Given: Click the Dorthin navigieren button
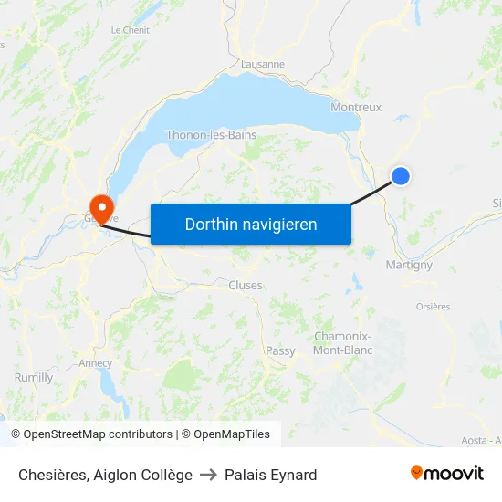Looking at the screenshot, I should coord(251,224).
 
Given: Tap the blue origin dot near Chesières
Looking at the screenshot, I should coord(400,176).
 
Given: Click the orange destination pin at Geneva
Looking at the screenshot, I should coord(99,204).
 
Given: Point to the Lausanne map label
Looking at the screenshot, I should coord(263,65).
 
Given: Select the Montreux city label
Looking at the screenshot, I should coord(356,107).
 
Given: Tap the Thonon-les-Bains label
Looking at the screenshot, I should coord(211,135).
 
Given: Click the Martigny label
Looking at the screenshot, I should coord(409,265).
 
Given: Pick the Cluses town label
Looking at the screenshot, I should coord(246,285).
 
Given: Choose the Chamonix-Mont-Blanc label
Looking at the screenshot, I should coord(342,342).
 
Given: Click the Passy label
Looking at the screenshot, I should coord(280,350).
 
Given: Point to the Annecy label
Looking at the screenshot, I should coord(96,362).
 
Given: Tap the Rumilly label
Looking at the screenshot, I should coord(34,377).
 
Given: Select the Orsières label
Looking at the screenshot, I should coord(433,307).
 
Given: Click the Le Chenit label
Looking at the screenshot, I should coord(131,30).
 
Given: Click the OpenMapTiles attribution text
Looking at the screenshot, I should coord(225,434).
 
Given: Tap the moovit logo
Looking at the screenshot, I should coord(447,474).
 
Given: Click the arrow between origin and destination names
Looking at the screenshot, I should coord(208,475).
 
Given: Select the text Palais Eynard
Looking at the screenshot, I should coord(270,475).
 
